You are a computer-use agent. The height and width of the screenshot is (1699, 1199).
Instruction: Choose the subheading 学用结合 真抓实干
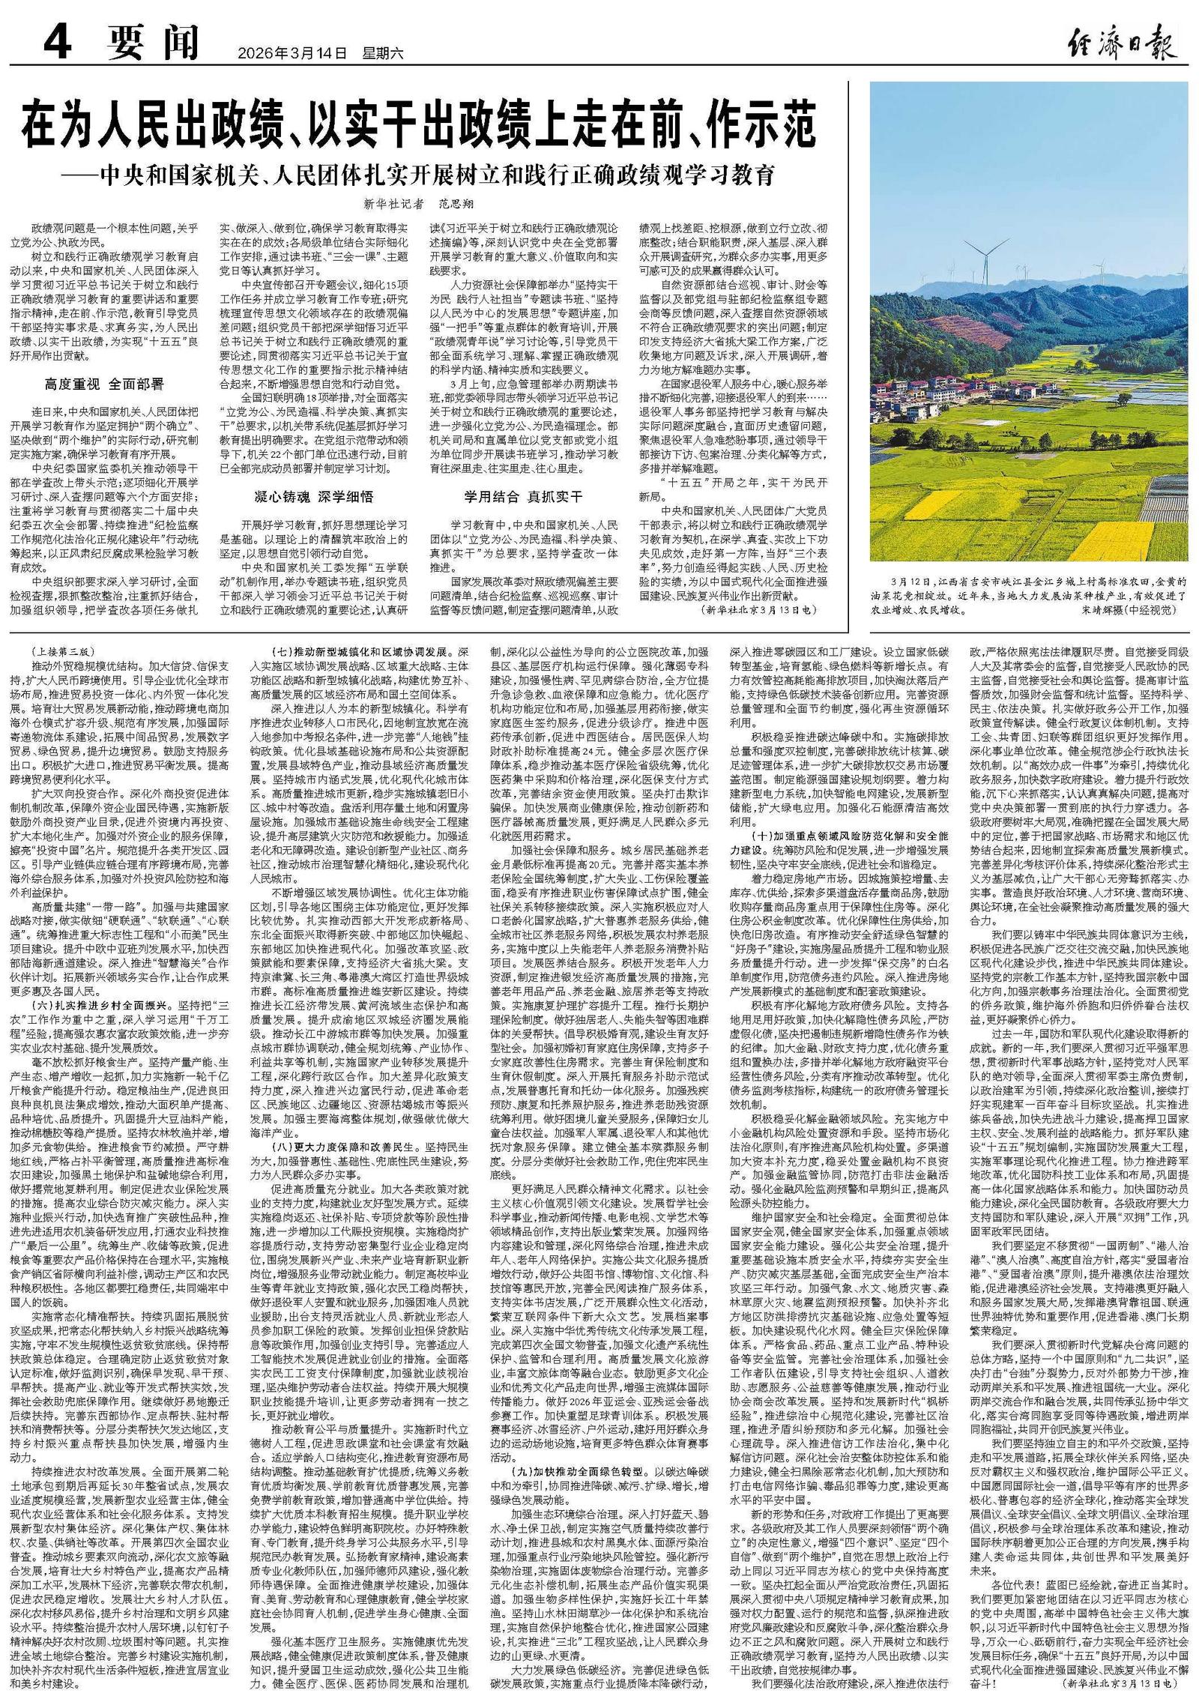523,496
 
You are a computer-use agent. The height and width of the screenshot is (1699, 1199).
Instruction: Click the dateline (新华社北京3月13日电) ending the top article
758,611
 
